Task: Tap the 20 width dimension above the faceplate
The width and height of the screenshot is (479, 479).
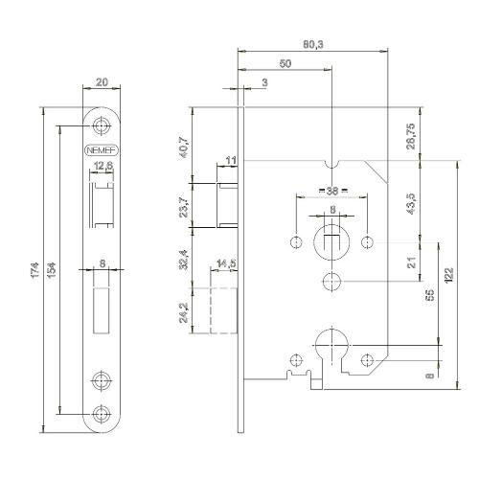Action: [x=102, y=83]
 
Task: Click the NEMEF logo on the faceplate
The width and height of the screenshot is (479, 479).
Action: [x=102, y=151]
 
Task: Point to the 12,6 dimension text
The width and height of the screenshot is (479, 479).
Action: [x=103, y=169]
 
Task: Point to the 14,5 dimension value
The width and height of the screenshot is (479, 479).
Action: [x=228, y=262]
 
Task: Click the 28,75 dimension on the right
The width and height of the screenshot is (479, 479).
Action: [x=410, y=132]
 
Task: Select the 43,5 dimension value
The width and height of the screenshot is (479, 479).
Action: [x=410, y=206]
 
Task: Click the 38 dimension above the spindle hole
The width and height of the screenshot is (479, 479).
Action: [x=331, y=192]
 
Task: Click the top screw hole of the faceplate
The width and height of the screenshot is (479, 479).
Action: [x=102, y=125]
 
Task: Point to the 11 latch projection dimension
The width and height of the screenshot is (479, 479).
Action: [x=230, y=159]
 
